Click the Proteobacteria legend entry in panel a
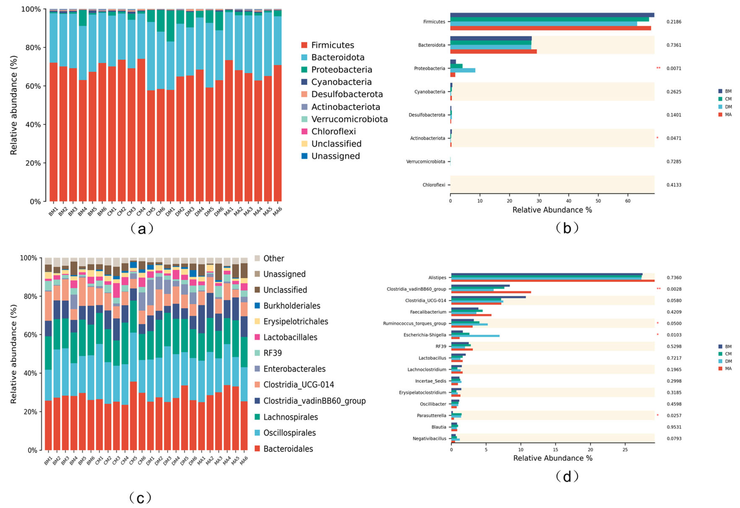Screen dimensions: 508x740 click(x=341, y=69)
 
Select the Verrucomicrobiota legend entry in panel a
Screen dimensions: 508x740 click(x=349, y=119)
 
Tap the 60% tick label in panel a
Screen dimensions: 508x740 click(x=33, y=86)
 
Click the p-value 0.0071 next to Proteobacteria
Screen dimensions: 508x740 click(x=674, y=68)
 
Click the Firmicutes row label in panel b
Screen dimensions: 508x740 click(x=434, y=22)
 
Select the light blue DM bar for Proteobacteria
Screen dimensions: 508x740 click(x=462, y=70)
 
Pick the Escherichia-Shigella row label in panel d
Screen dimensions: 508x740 click(x=424, y=335)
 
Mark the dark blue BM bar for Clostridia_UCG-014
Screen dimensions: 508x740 click(x=488, y=297)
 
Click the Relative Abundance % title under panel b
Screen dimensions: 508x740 click(x=552, y=210)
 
